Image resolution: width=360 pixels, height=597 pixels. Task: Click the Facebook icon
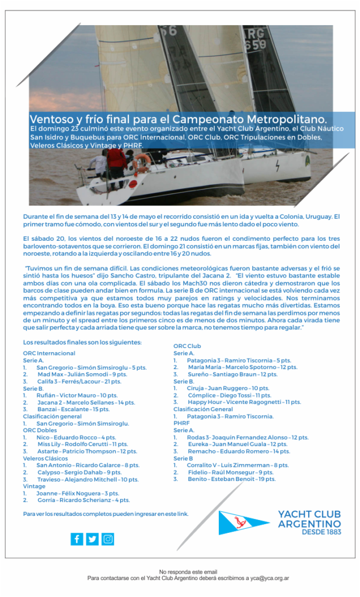(x=77, y=539)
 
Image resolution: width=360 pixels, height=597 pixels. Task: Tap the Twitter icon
(x=92, y=539)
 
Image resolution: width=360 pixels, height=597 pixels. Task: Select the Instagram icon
(x=108, y=539)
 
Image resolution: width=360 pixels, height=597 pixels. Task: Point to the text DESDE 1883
(x=318, y=532)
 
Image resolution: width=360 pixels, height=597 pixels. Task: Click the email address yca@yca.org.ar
(x=274, y=578)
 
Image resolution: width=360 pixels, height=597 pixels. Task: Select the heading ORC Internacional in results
(x=49, y=353)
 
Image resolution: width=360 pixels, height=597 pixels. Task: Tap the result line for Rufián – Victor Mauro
(x=76, y=395)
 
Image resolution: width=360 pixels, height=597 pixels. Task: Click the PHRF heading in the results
(x=182, y=423)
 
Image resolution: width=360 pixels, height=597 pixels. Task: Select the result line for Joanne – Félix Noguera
(x=77, y=493)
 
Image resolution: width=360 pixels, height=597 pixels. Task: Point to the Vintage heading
(x=34, y=486)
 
